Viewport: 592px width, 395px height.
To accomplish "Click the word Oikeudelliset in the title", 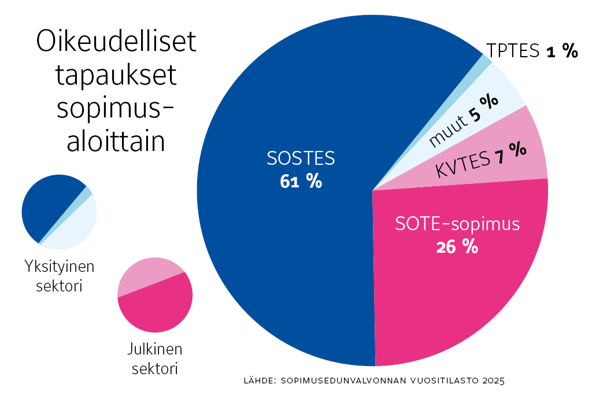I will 116,44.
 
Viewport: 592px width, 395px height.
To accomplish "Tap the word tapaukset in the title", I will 116,77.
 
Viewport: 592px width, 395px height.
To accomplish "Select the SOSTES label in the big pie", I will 301,158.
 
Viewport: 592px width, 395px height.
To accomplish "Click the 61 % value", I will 301,182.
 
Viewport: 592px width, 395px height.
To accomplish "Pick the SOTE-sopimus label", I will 458,224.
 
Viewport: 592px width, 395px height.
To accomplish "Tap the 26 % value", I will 457,247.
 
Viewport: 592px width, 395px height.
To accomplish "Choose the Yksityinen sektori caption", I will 60,276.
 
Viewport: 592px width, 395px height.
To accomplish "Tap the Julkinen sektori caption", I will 154,359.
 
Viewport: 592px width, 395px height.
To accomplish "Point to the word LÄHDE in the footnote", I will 260,381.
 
